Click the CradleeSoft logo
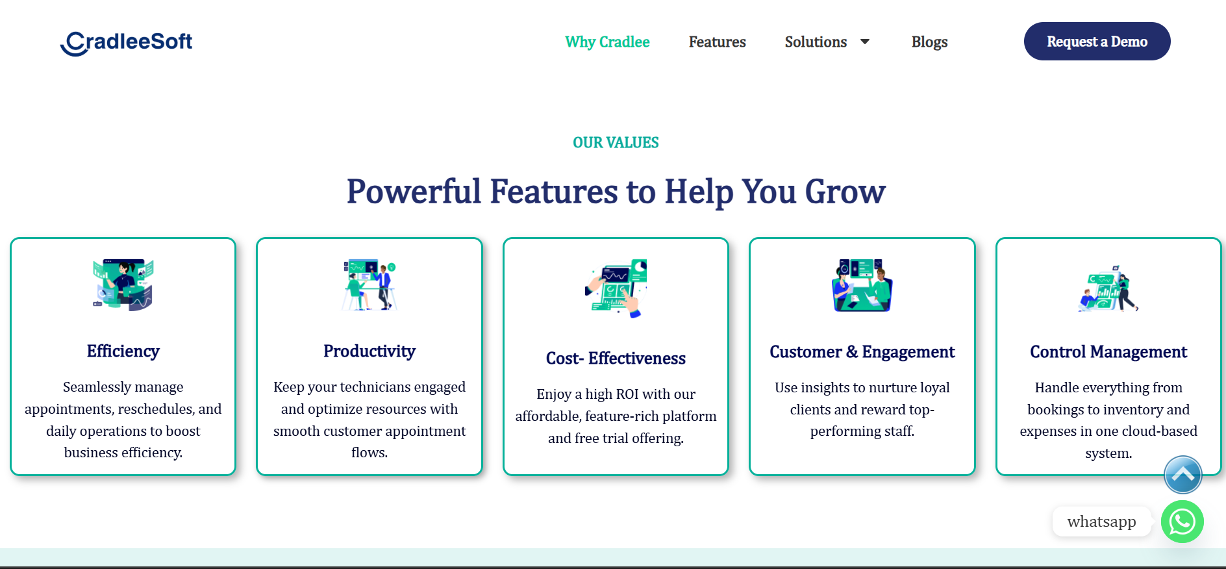click(x=126, y=43)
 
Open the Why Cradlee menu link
click(x=607, y=42)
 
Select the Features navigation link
click(x=717, y=42)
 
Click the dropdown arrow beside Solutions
click(x=865, y=42)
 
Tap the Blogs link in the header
click(x=929, y=42)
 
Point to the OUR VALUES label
click(x=616, y=143)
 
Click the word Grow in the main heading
click(x=845, y=192)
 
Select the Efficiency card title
click(x=123, y=351)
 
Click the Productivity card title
click(x=369, y=351)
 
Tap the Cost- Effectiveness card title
click(x=616, y=359)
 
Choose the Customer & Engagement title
click(x=862, y=352)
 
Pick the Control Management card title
click(x=1108, y=352)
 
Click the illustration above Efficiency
click(x=123, y=285)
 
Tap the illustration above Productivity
click(x=369, y=285)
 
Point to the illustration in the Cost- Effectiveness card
click(x=616, y=288)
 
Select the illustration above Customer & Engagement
click(x=862, y=285)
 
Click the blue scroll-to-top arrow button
click(x=1182, y=475)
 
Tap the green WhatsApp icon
click(x=1182, y=522)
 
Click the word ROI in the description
click(x=627, y=394)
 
